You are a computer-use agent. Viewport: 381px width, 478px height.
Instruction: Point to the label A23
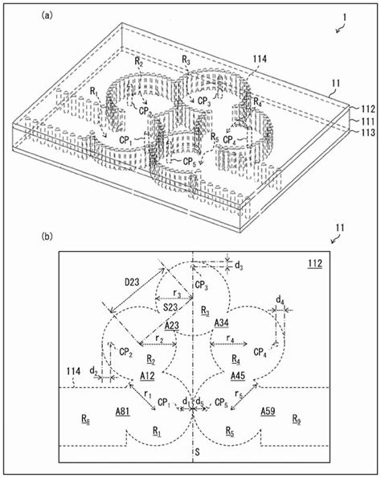(x=172, y=326)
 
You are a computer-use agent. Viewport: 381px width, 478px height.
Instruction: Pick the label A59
(x=269, y=411)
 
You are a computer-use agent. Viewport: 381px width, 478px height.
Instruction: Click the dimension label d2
(x=94, y=371)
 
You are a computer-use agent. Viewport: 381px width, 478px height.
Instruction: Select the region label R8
(x=85, y=419)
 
